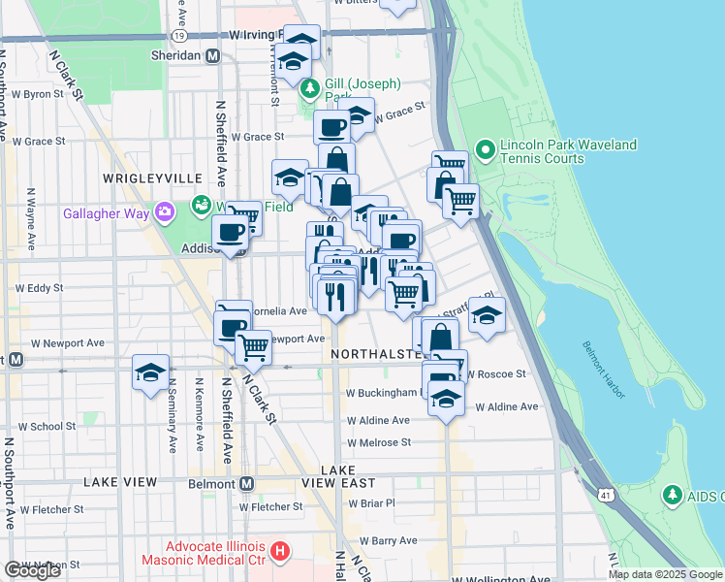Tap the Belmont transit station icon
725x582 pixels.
[x=246, y=483]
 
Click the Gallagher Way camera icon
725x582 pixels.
[x=165, y=210]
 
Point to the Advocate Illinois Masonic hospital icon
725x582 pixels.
[x=280, y=552]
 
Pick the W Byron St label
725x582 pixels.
[x=36, y=95]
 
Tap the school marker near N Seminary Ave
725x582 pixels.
[x=150, y=373]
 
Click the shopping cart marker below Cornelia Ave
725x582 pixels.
[x=253, y=345]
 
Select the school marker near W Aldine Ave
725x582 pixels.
[x=446, y=398]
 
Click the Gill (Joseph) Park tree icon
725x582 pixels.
[x=310, y=90]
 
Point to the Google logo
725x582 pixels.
[x=32, y=570]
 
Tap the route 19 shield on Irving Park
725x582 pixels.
[x=178, y=35]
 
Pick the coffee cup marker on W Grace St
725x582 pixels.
[x=331, y=127]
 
